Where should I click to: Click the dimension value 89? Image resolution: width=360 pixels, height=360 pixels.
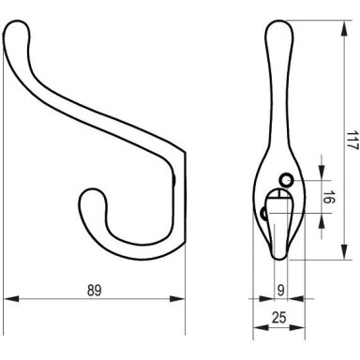coord(94,290)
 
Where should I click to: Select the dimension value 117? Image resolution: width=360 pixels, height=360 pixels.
coord(352,141)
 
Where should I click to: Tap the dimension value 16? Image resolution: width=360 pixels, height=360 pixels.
coord(327,198)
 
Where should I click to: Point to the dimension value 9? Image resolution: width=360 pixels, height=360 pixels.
coord(281,291)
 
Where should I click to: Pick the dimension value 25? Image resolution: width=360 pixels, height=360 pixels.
coord(279,318)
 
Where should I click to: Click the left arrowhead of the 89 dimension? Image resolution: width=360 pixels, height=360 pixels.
coord(11,299)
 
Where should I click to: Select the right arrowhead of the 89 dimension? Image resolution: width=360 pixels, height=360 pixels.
coord(177,299)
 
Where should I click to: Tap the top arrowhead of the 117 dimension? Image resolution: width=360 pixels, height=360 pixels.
coord(344,28)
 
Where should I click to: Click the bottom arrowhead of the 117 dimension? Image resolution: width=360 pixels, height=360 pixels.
coord(344,252)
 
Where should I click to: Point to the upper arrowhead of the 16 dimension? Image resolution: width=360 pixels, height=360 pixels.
coord(322,172)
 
